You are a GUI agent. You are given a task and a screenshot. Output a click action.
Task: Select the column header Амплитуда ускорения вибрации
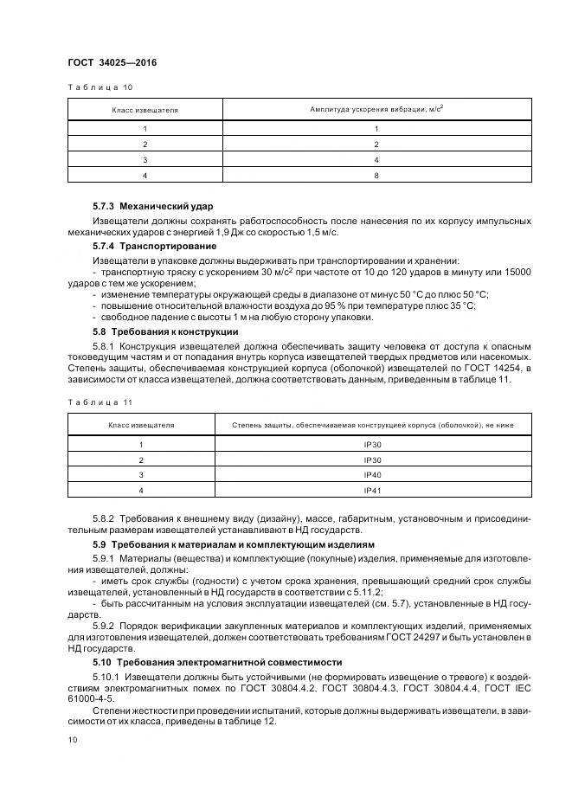coord(376,110)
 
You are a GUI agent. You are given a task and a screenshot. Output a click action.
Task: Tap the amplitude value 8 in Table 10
coord(376,175)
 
